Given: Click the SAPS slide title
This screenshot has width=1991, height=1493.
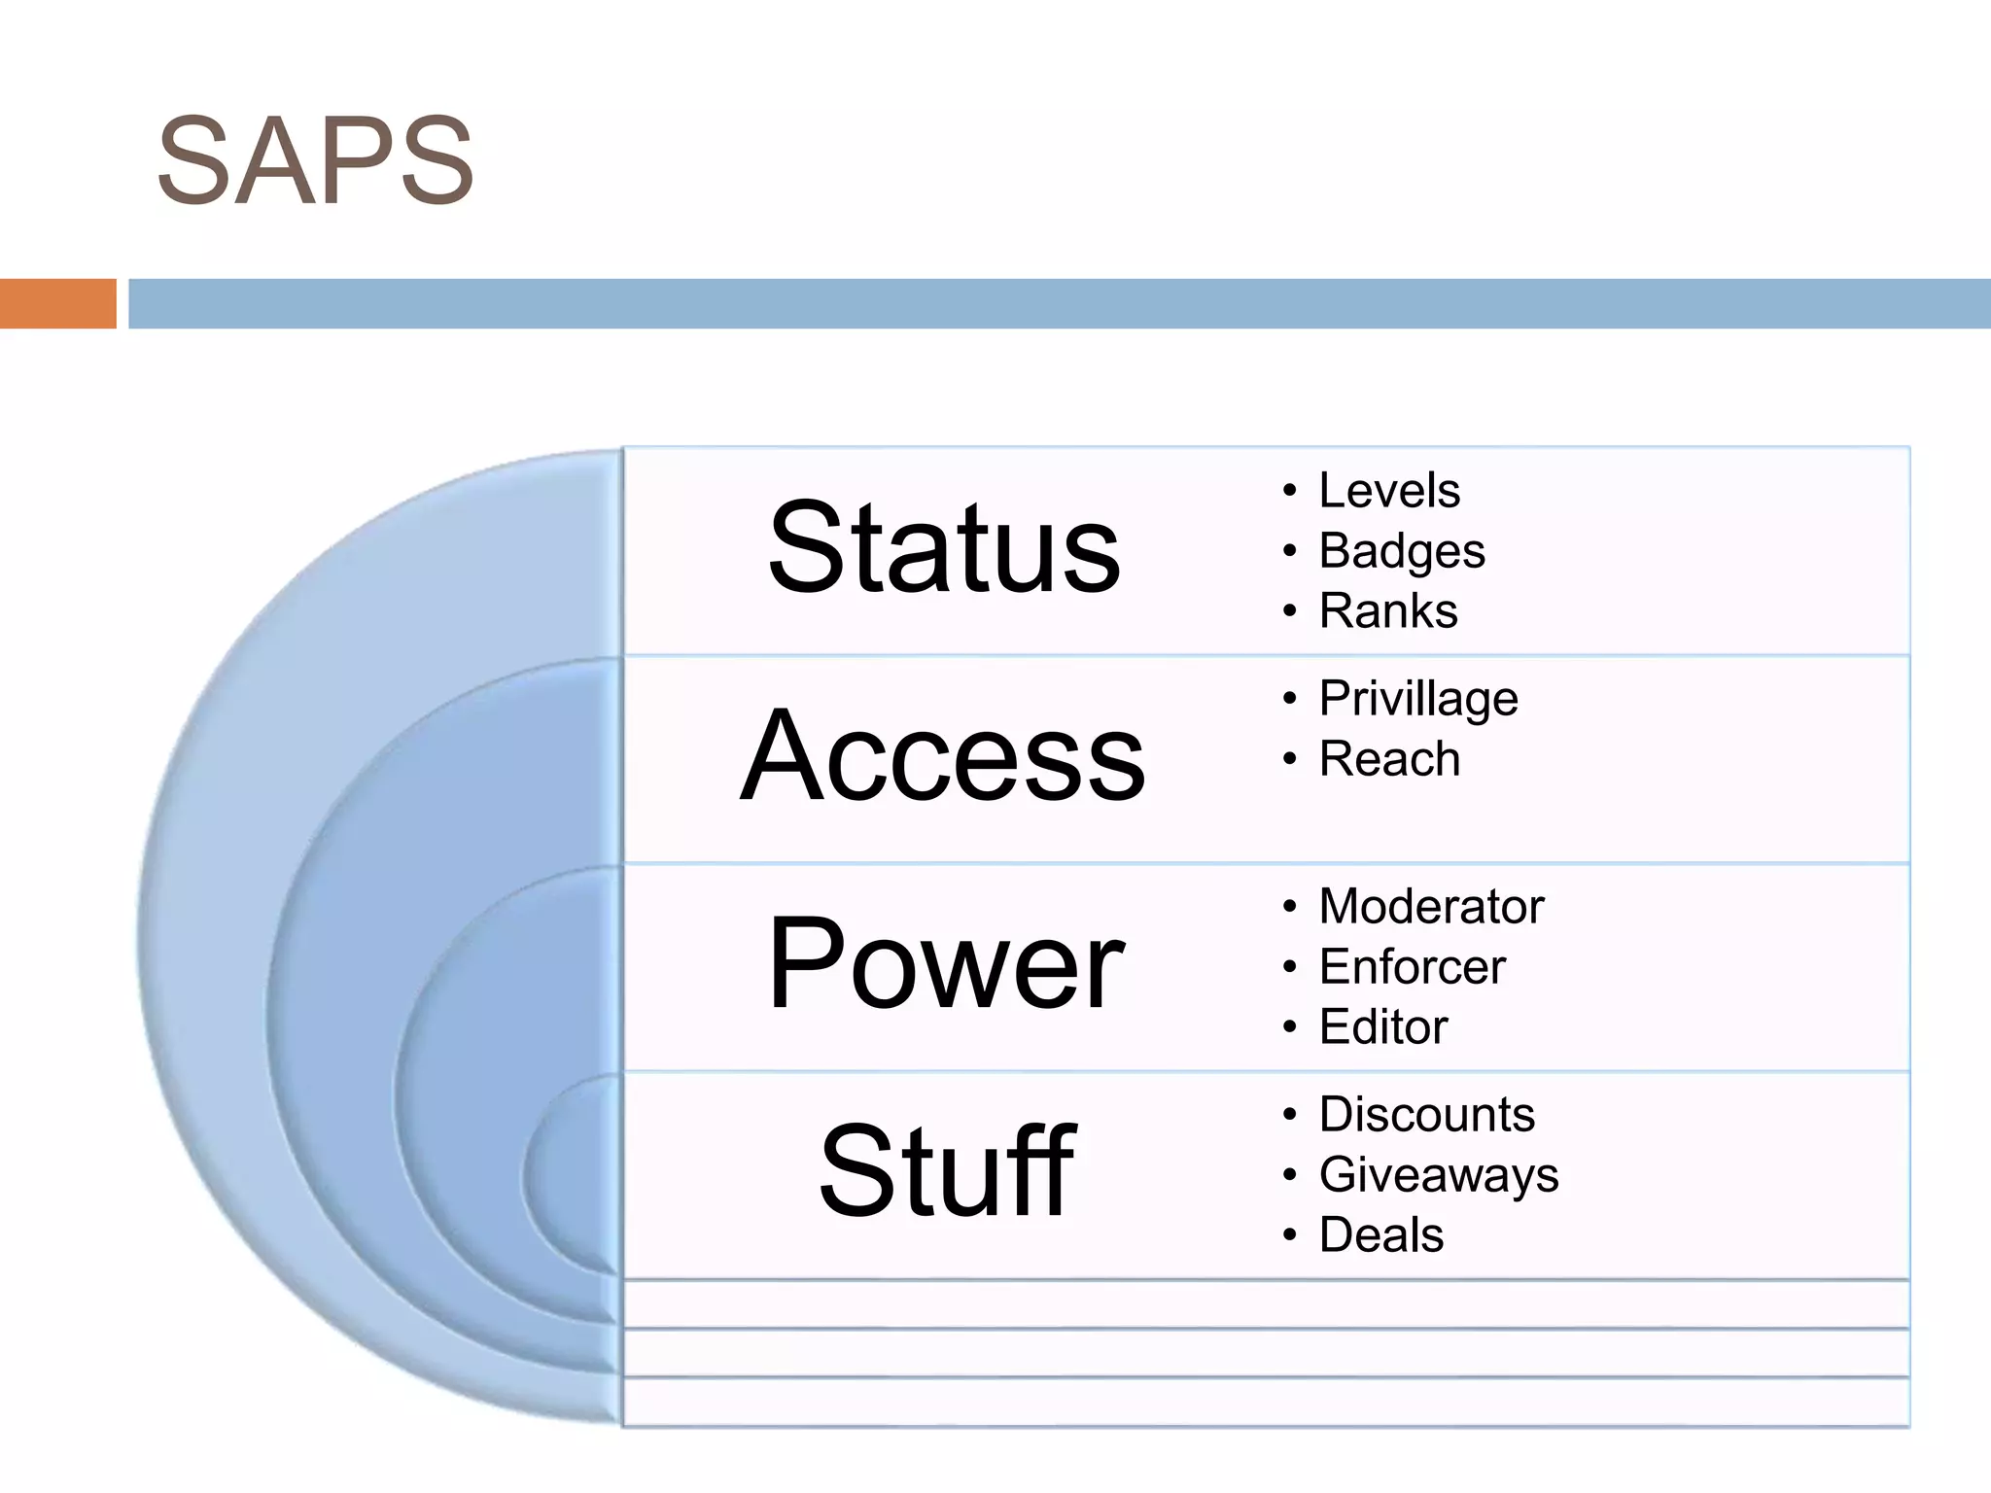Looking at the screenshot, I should click(x=315, y=161).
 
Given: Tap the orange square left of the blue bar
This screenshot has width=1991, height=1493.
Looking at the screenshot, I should click(x=57, y=303).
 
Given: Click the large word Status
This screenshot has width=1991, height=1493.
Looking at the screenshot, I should click(x=944, y=547).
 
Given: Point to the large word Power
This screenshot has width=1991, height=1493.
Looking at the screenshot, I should click(x=945, y=964).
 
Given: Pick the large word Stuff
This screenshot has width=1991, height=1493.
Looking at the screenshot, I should click(x=947, y=1171).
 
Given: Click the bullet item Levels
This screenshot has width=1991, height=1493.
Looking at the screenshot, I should click(x=1388, y=491).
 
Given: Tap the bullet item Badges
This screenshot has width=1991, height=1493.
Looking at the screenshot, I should click(x=1401, y=552).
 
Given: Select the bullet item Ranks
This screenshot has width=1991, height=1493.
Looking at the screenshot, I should click(x=1387, y=611).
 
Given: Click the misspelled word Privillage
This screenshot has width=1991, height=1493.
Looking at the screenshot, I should click(x=1417, y=699).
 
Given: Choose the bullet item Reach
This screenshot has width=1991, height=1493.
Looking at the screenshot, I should click(x=1388, y=759).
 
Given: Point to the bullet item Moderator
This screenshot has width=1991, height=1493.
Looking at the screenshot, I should click(x=1430, y=907).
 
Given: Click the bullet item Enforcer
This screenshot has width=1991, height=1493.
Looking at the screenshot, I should click(x=1412, y=967).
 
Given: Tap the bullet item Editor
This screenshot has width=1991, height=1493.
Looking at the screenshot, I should click(x=1382, y=1027).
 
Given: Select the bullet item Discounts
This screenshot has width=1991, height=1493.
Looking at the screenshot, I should click(x=1426, y=1114).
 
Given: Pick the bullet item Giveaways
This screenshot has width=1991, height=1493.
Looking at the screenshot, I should click(x=1438, y=1175).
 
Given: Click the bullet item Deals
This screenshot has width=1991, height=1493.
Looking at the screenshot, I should click(x=1380, y=1235).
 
